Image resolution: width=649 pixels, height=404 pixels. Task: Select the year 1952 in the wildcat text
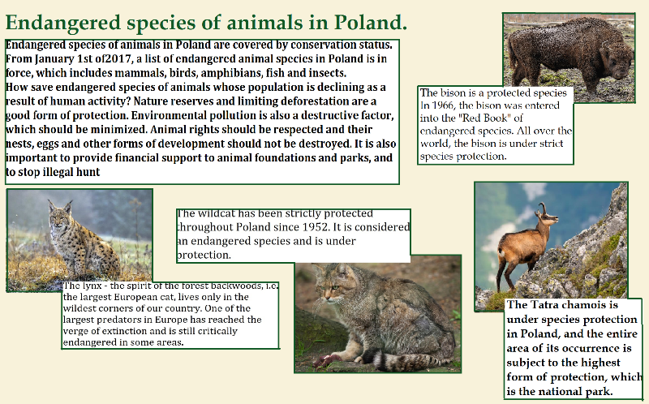(316, 227)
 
